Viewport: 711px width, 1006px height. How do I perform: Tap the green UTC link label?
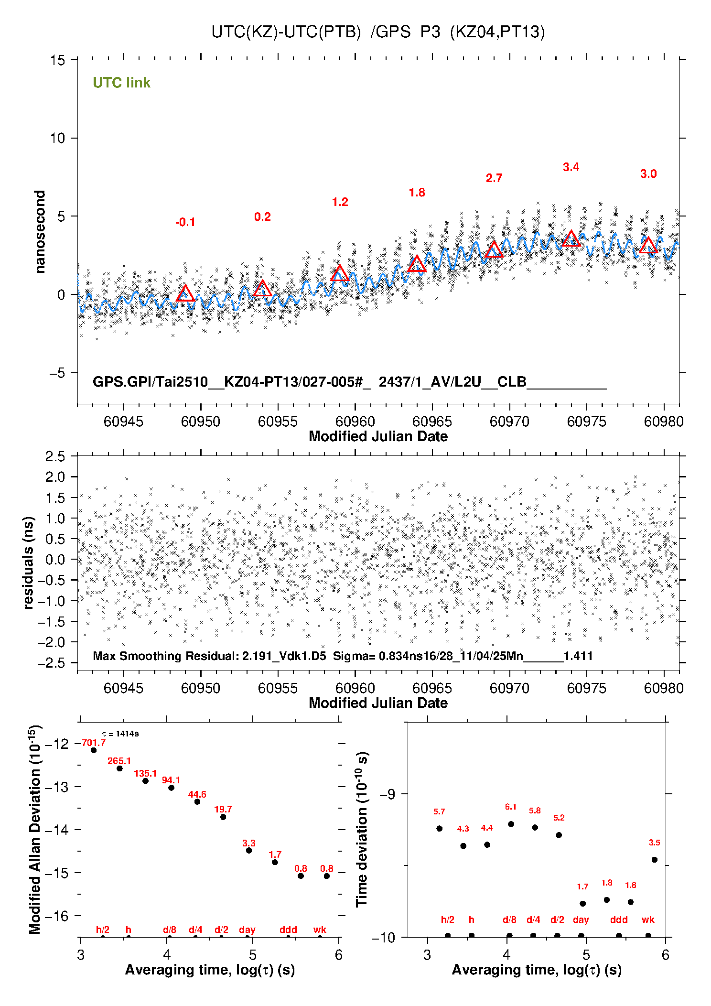click(x=121, y=83)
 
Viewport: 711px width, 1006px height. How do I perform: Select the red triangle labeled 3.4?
click(x=571, y=238)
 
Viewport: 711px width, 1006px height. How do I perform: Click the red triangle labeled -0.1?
click(x=185, y=293)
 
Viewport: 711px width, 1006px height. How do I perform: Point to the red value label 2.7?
click(x=494, y=178)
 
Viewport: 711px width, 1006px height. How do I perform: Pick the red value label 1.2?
click(x=340, y=202)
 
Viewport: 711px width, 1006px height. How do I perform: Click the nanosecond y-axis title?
click(x=40, y=232)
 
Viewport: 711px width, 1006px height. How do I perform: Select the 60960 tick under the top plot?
click(x=355, y=422)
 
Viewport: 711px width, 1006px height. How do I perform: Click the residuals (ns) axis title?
click(x=29, y=562)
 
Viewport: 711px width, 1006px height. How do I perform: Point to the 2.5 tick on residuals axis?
click(x=55, y=456)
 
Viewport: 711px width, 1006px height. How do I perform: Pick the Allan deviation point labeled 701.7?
click(x=94, y=750)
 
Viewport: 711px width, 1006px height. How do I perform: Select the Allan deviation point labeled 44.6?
click(x=197, y=801)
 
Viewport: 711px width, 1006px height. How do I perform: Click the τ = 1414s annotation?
click(x=120, y=734)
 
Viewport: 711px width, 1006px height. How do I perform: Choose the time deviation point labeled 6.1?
click(x=511, y=824)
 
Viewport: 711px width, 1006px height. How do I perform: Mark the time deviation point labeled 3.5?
click(x=655, y=860)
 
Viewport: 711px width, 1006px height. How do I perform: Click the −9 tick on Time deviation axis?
click(x=387, y=794)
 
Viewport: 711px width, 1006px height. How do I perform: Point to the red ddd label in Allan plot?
click(x=288, y=930)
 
